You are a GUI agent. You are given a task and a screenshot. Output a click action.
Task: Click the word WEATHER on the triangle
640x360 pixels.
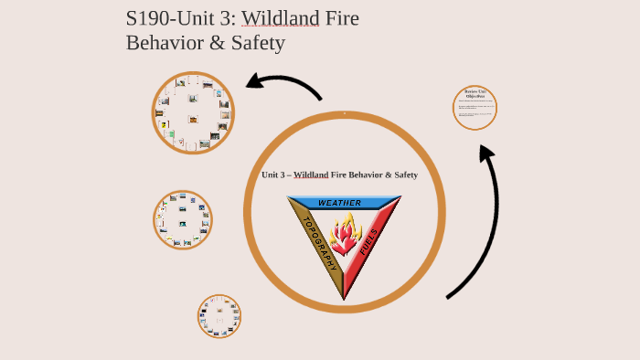[x=339, y=203]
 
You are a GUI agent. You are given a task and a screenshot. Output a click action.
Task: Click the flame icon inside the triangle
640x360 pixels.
[x=345, y=237]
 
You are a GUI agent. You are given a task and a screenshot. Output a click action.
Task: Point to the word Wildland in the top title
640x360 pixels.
[x=280, y=18]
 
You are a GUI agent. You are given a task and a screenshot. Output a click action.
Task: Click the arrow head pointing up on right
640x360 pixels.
[x=487, y=154]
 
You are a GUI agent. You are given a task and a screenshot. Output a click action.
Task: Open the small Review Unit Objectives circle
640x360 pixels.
[x=475, y=108]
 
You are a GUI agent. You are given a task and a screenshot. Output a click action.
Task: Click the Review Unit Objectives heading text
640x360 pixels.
[x=475, y=93]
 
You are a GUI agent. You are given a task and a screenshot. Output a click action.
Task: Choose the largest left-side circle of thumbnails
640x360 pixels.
[x=193, y=113]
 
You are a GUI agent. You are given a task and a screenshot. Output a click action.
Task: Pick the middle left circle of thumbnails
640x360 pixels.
[x=183, y=220]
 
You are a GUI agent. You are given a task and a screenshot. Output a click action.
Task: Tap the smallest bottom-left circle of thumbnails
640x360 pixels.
[x=219, y=316]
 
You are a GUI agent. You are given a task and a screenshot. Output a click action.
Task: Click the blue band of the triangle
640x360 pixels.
[x=311, y=203]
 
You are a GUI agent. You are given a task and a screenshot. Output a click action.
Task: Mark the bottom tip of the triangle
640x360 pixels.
[x=344, y=299]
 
